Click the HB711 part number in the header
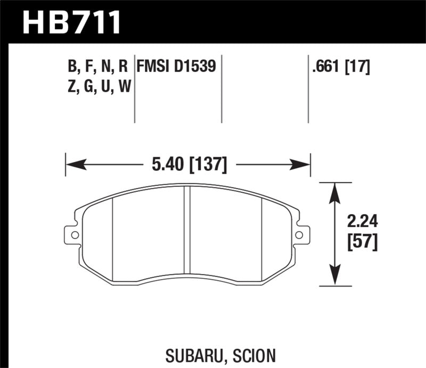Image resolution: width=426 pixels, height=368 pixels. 71,22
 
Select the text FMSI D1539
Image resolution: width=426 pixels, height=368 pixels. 176,67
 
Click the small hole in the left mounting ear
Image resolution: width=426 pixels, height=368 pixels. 74,234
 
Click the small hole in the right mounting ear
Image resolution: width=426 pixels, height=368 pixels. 299,234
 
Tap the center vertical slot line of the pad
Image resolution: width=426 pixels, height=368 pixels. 187,234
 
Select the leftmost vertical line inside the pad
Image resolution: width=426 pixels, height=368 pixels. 113,237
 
